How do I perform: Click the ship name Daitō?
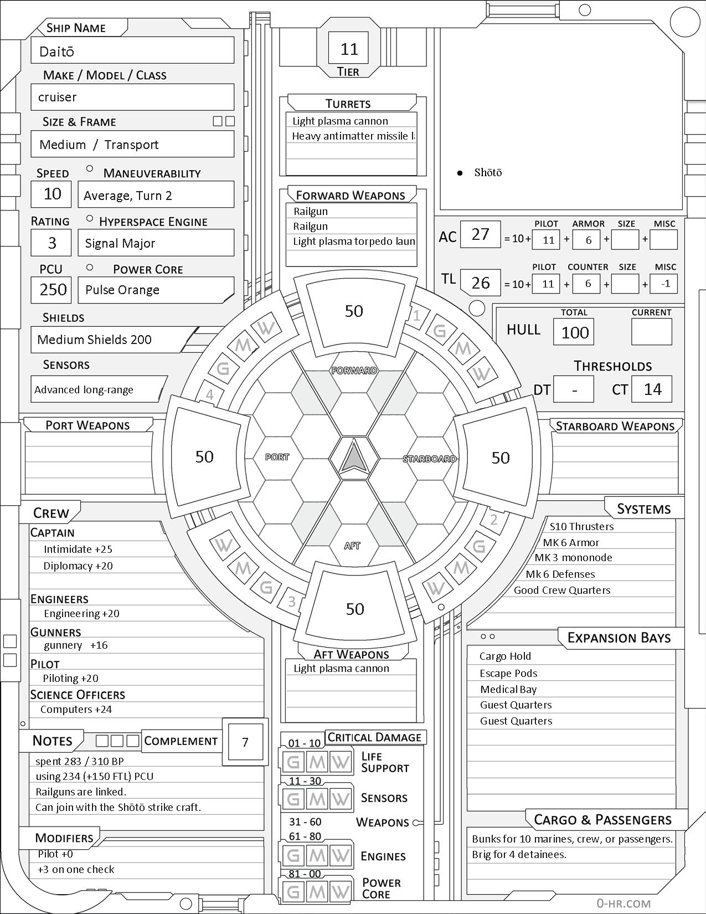pos(57,52)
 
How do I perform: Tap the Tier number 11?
pos(349,49)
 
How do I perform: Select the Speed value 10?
pos(52,194)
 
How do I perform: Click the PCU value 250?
pos(53,290)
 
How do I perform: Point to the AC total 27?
pos(480,234)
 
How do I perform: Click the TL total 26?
pos(480,283)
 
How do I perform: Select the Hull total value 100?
pos(575,332)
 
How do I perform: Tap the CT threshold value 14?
pos(652,389)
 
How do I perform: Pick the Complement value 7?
pos(245,742)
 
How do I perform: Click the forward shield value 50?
pos(354,311)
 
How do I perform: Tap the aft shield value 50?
pos(355,609)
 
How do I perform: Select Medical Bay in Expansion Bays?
pos(508,690)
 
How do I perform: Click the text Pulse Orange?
pos(122,290)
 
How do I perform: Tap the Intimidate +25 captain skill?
pos(78,550)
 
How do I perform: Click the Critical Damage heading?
pos(375,737)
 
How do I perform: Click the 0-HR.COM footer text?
pos(623,903)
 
